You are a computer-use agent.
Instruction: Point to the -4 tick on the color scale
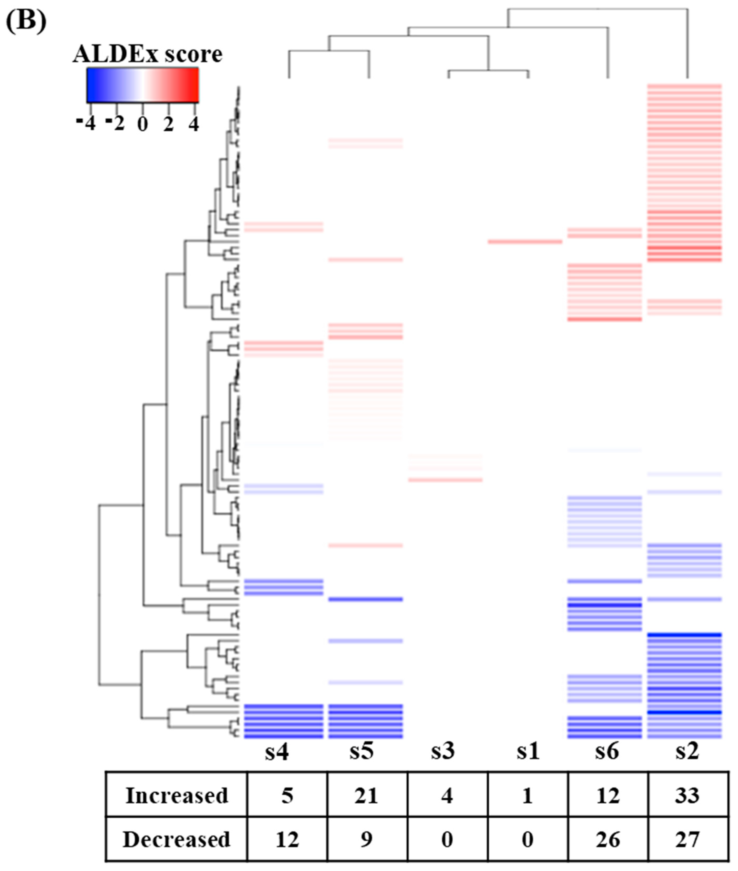click(87, 124)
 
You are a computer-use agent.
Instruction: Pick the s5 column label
click(361, 751)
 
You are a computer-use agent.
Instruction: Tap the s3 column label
click(443, 751)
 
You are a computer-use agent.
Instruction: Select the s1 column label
click(528, 751)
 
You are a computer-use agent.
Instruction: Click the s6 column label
click(607, 751)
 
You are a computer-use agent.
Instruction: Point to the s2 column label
click(687, 751)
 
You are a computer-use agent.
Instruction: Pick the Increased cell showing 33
click(687, 795)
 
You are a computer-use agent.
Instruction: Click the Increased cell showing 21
click(366, 795)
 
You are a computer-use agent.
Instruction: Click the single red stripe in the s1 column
click(525, 241)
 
